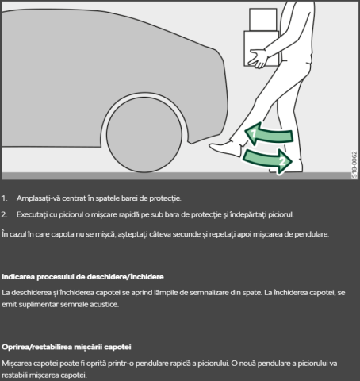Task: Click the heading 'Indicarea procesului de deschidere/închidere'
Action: [x=82, y=277]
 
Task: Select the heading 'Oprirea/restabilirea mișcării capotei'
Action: [x=67, y=347]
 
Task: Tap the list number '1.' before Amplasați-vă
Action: [x=6, y=198]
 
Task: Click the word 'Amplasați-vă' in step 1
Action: [x=37, y=198]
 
